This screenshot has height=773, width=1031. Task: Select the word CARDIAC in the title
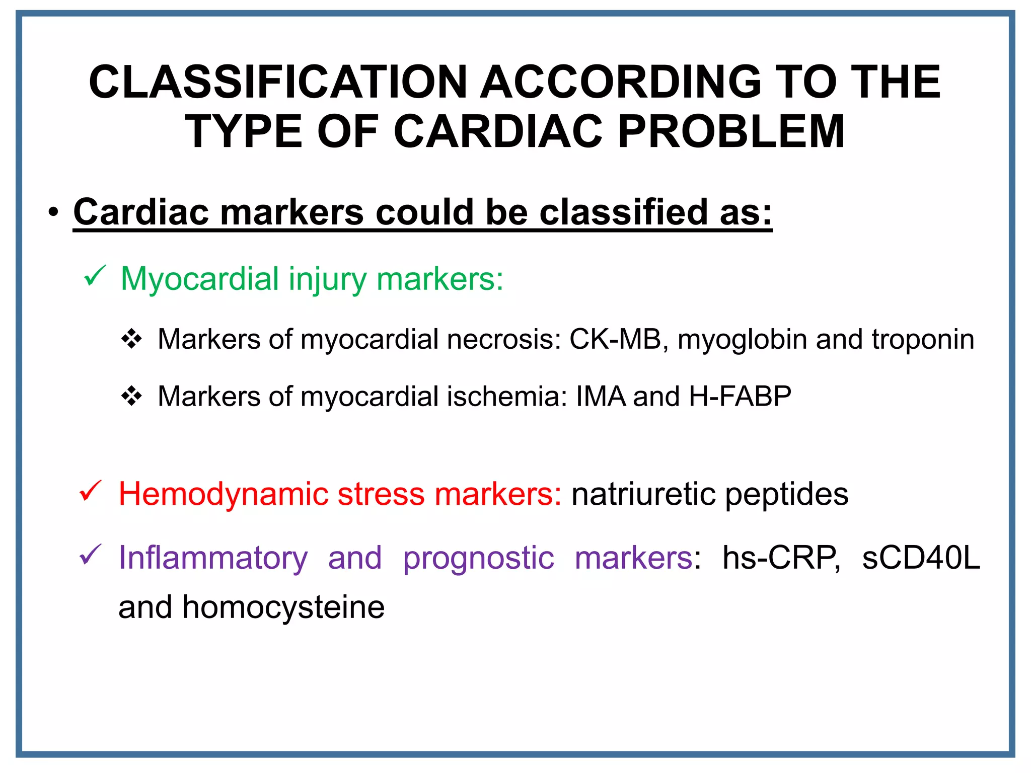tap(498, 132)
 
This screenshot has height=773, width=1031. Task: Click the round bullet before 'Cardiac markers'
tap(54, 212)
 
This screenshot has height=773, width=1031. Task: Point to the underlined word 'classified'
tap(623, 212)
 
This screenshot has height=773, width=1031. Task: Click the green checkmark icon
tap(94, 276)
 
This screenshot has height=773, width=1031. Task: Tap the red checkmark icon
tap(91, 491)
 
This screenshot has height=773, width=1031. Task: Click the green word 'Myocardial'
tap(200, 279)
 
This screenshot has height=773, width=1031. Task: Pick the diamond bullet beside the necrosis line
tap(132, 339)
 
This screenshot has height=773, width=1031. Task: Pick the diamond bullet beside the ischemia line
tap(132, 396)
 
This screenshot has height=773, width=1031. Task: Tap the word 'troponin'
tap(923, 339)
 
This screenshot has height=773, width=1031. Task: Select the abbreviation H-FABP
tap(740, 396)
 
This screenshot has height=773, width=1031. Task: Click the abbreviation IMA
tap(601, 396)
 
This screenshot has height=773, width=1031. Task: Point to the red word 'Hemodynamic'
tap(223, 494)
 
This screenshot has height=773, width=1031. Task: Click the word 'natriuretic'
tap(643, 494)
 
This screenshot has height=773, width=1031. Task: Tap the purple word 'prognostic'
tap(478, 558)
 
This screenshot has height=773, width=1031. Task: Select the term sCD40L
tap(921, 558)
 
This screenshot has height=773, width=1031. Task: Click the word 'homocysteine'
tap(283, 607)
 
